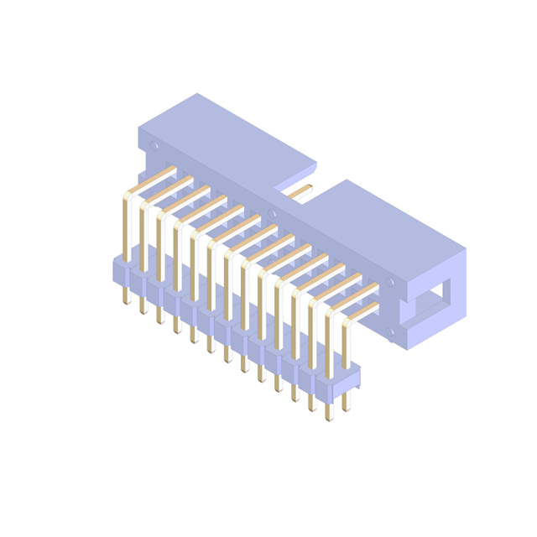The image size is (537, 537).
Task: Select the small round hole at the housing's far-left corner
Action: [154, 145]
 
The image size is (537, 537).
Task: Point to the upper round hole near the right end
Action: [389, 283]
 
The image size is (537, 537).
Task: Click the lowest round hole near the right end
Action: [389, 331]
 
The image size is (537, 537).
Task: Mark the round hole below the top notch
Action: [272, 214]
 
